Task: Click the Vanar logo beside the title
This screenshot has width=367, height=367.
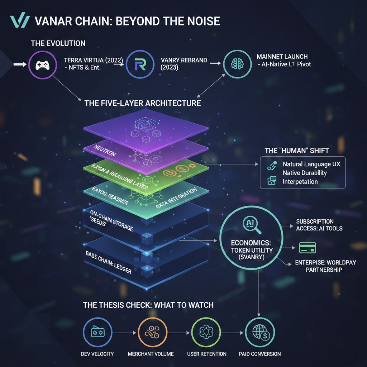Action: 19,22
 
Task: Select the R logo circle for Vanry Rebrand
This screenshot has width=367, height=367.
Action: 138,65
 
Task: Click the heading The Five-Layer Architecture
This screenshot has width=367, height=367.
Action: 142,103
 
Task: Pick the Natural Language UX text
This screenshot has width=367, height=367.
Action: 311,165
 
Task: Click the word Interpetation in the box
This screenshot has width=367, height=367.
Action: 300,182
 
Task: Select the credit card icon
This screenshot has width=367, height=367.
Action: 307,247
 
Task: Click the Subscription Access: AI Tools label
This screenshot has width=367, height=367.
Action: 319,225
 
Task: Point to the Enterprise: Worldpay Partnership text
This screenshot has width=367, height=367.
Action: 325,266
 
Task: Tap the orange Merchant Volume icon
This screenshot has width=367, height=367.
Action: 150,332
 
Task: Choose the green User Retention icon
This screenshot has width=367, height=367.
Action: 206,332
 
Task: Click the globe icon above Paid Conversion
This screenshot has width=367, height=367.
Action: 259,332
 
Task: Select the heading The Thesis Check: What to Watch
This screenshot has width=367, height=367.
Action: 148,305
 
